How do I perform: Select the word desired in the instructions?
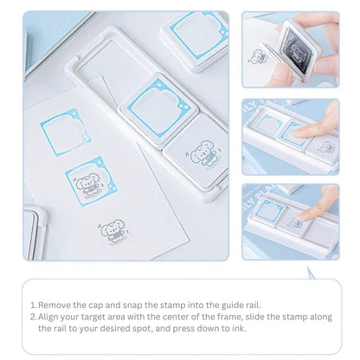(121, 330)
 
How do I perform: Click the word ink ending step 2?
(219, 330)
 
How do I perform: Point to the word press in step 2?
(172, 330)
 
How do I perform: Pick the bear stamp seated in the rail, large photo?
(197, 149)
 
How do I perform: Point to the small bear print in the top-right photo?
(257, 57)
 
